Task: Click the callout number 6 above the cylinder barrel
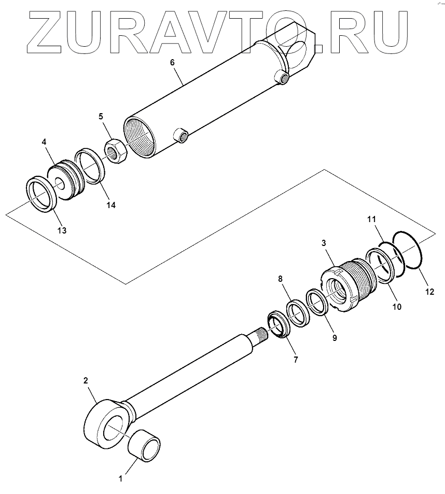[x=173, y=63]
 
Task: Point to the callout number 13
[x=62, y=230]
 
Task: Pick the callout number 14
[x=111, y=204]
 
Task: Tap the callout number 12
[x=429, y=292]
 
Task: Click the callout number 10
[x=396, y=307]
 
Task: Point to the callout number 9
[x=334, y=337]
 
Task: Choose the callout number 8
[x=280, y=279]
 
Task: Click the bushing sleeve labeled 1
[x=145, y=445]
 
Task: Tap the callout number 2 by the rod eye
[x=86, y=380]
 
